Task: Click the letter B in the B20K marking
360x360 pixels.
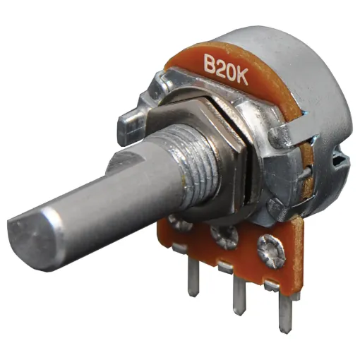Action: coord(211,64)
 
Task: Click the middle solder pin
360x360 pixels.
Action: coord(239,295)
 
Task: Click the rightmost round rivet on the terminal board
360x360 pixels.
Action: coord(271,251)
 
